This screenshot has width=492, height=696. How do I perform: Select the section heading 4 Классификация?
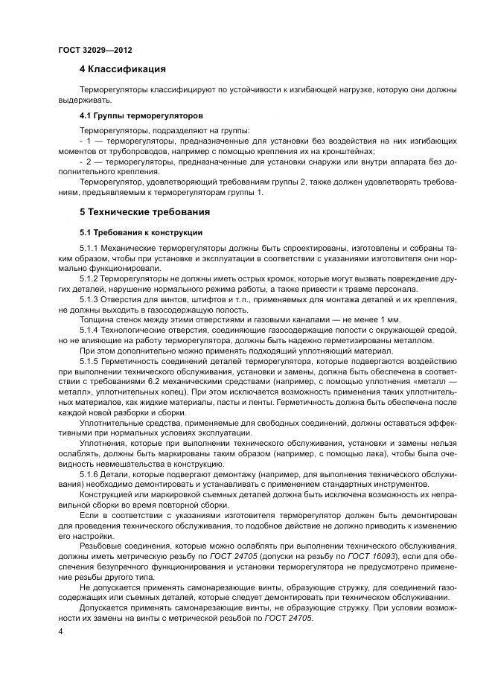122,70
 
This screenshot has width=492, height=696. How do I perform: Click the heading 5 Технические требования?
145,212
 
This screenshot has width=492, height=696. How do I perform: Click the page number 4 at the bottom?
60,631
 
